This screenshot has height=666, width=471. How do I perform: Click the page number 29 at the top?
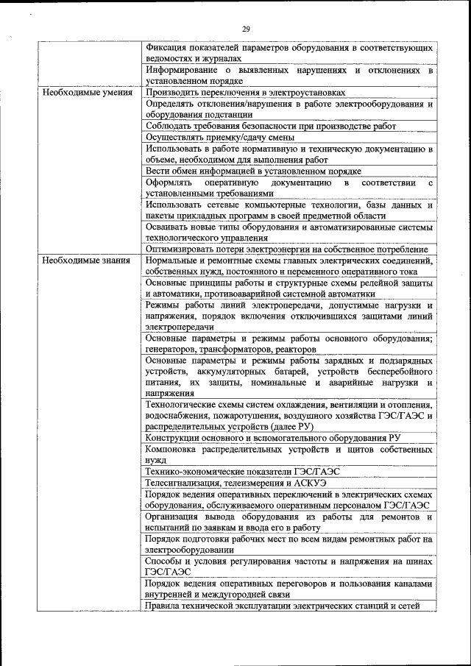tap(246, 29)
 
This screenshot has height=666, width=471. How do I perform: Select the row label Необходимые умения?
tap(87, 93)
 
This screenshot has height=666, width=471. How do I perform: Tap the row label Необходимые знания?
tap(86, 261)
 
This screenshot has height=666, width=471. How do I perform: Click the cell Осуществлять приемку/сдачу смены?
tap(220, 137)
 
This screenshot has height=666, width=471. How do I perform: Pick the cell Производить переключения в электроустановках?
tap(245, 93)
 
